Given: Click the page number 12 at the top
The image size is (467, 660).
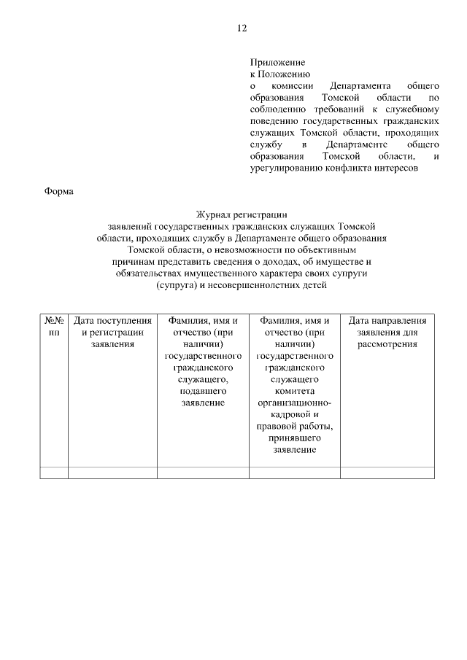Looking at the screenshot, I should [x=242, y=28].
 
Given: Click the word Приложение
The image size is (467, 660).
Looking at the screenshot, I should [x=277, y=63].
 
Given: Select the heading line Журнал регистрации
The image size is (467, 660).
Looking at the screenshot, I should [x=241, y=214].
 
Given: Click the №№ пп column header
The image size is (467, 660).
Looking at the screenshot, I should [x=54, y=327].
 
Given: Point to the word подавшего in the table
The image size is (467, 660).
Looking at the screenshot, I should [x=203, y=391].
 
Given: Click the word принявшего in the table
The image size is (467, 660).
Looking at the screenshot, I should [x=295, y=438].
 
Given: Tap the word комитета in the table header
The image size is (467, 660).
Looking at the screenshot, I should [x=295, y=391].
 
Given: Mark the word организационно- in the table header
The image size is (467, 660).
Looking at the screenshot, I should [x=295, y=403].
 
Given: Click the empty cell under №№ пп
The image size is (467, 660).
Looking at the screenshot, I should [x=54, y=472].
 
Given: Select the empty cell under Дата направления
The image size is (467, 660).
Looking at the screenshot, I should [x=387, y=472].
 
